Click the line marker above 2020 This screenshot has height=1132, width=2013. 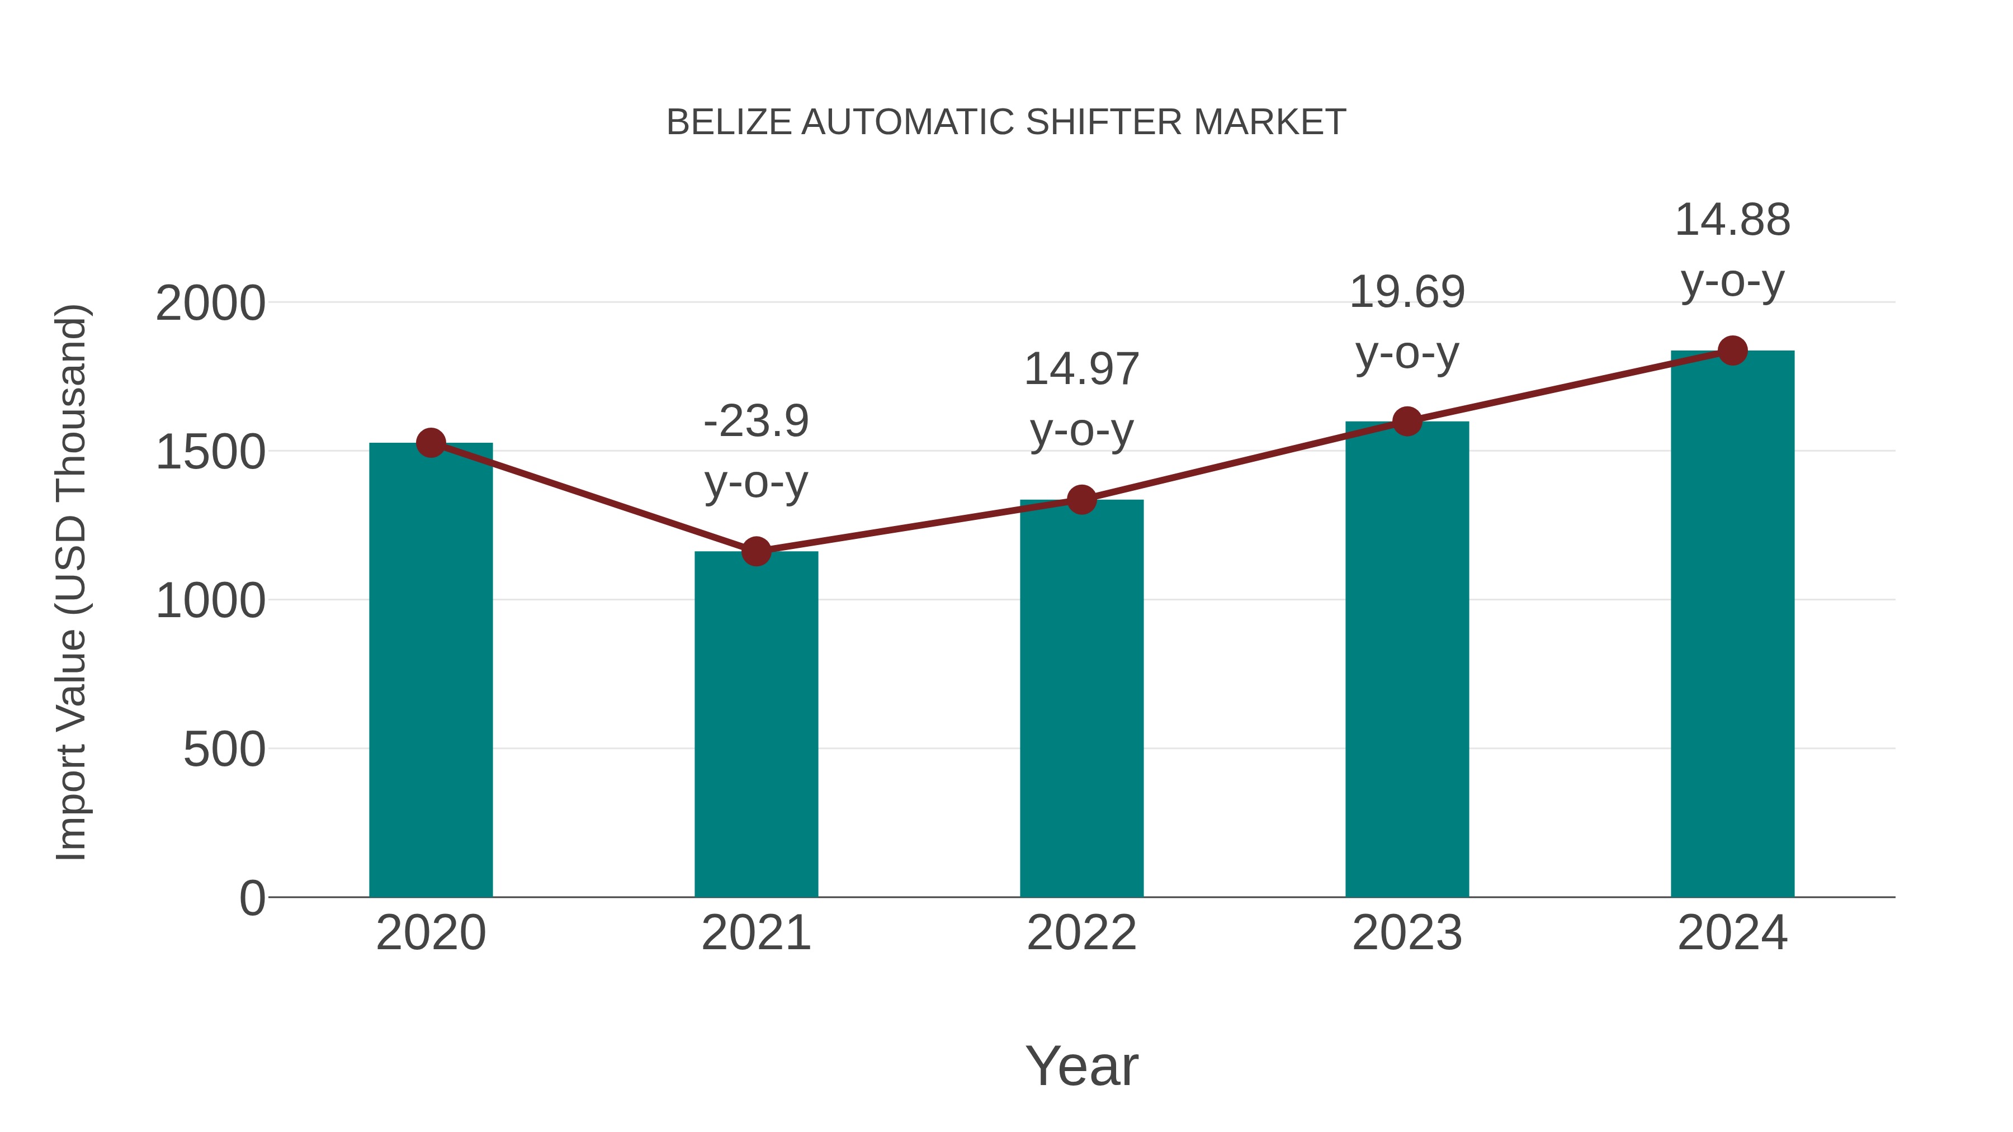click(431, 443)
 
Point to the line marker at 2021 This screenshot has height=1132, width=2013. click(755, 552)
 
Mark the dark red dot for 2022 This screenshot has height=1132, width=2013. click(1081, 499)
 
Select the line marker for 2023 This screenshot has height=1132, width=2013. click(1407, 421)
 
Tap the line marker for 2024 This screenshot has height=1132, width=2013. click(1732, 351)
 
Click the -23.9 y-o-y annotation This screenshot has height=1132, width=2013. click(755, 422)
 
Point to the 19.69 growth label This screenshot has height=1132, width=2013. click(1407, 293)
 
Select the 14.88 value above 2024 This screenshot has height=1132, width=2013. click(1732, 220)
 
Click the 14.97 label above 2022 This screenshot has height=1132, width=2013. click(1081, 370)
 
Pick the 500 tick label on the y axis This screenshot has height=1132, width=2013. click(224, 750)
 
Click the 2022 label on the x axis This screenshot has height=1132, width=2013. click(1081, 933)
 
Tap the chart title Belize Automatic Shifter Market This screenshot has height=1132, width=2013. click(1006, 122)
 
